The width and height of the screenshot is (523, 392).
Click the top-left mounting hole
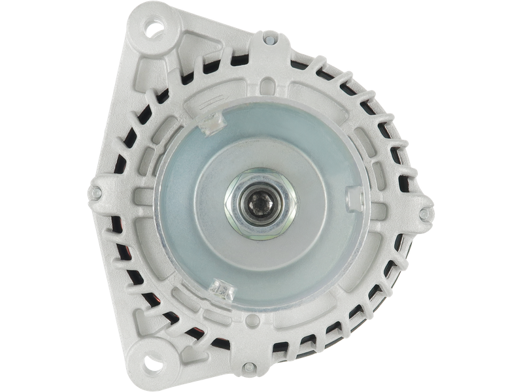point(154,29)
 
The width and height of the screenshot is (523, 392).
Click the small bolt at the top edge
point(267,40)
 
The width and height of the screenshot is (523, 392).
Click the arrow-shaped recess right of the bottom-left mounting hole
point(190,353)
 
